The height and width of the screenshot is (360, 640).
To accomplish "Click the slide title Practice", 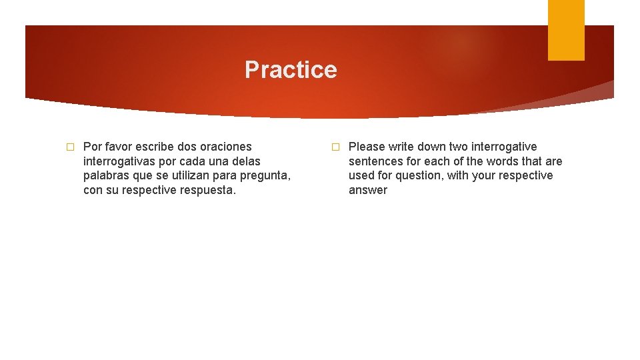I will (x=291, y=70).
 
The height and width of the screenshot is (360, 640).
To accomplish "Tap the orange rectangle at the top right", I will (x=566, y=30).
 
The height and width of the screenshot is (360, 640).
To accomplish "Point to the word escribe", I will (x=155, y=147).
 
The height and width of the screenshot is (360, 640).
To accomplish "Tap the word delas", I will (x=246, y=161).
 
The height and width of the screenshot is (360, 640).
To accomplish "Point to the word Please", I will (x=367, y=147).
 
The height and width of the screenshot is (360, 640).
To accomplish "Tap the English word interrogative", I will (x=504, y=147).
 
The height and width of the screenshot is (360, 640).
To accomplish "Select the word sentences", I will (x=375, y=161).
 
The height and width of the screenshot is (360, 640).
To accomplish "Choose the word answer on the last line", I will (x=367, y=190).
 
